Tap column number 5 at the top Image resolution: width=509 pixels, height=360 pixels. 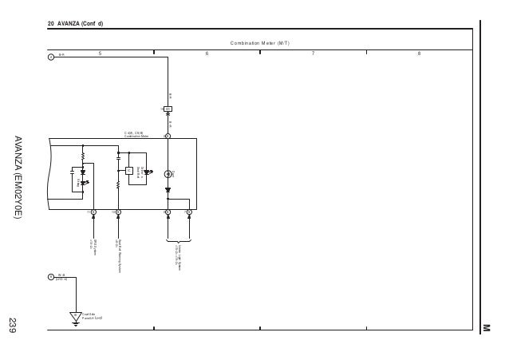coord(101,53)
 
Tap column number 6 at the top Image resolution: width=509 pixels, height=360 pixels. coord(207,53)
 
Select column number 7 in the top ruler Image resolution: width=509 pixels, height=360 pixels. coord(313,53)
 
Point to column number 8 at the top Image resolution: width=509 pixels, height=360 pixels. coord(419,53)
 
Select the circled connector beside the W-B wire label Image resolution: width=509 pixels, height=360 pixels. coord(50,277)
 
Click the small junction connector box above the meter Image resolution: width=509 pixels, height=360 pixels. coord(168,109)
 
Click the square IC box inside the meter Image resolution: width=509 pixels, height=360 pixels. coord(128,170)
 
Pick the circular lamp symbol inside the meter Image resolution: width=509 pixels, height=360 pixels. coord(168,173)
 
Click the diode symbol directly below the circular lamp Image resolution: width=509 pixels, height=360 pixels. coord(168,190)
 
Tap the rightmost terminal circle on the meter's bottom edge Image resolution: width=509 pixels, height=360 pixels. coord(189,212)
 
